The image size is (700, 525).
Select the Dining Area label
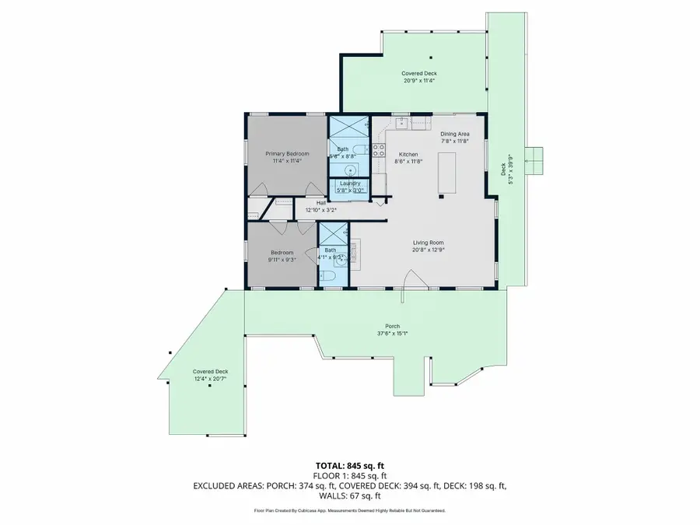[x=455, y=134]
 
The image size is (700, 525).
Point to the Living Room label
[x=427, y=243]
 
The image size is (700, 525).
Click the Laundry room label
[x=349, y=183]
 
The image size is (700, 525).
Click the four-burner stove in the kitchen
[x=379, y=150]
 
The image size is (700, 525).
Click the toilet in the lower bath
[x=327, y=276]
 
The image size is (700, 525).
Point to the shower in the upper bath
[x=341, y=127]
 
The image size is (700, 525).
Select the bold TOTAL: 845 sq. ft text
[x=349, y=465]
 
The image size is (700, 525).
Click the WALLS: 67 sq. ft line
[x=349, y=495]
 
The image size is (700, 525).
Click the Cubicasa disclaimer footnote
[x=349, y=511]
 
